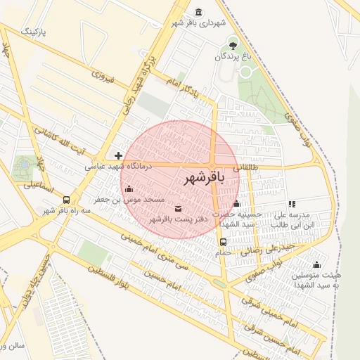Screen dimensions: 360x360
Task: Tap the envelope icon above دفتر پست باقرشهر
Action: point(177,208)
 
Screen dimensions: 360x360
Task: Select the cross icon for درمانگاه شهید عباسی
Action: point(118,155)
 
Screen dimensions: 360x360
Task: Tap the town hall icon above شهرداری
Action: point(198,11)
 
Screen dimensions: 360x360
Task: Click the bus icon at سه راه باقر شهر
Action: point(66,200)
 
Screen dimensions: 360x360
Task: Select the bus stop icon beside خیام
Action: point(223,243)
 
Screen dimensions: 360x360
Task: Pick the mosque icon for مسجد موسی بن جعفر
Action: point(128,188)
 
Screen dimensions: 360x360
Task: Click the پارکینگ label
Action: point(39,32)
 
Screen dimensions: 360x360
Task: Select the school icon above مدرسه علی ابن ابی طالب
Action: point(292,204)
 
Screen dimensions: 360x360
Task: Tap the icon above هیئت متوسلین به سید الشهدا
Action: point(316,264)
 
